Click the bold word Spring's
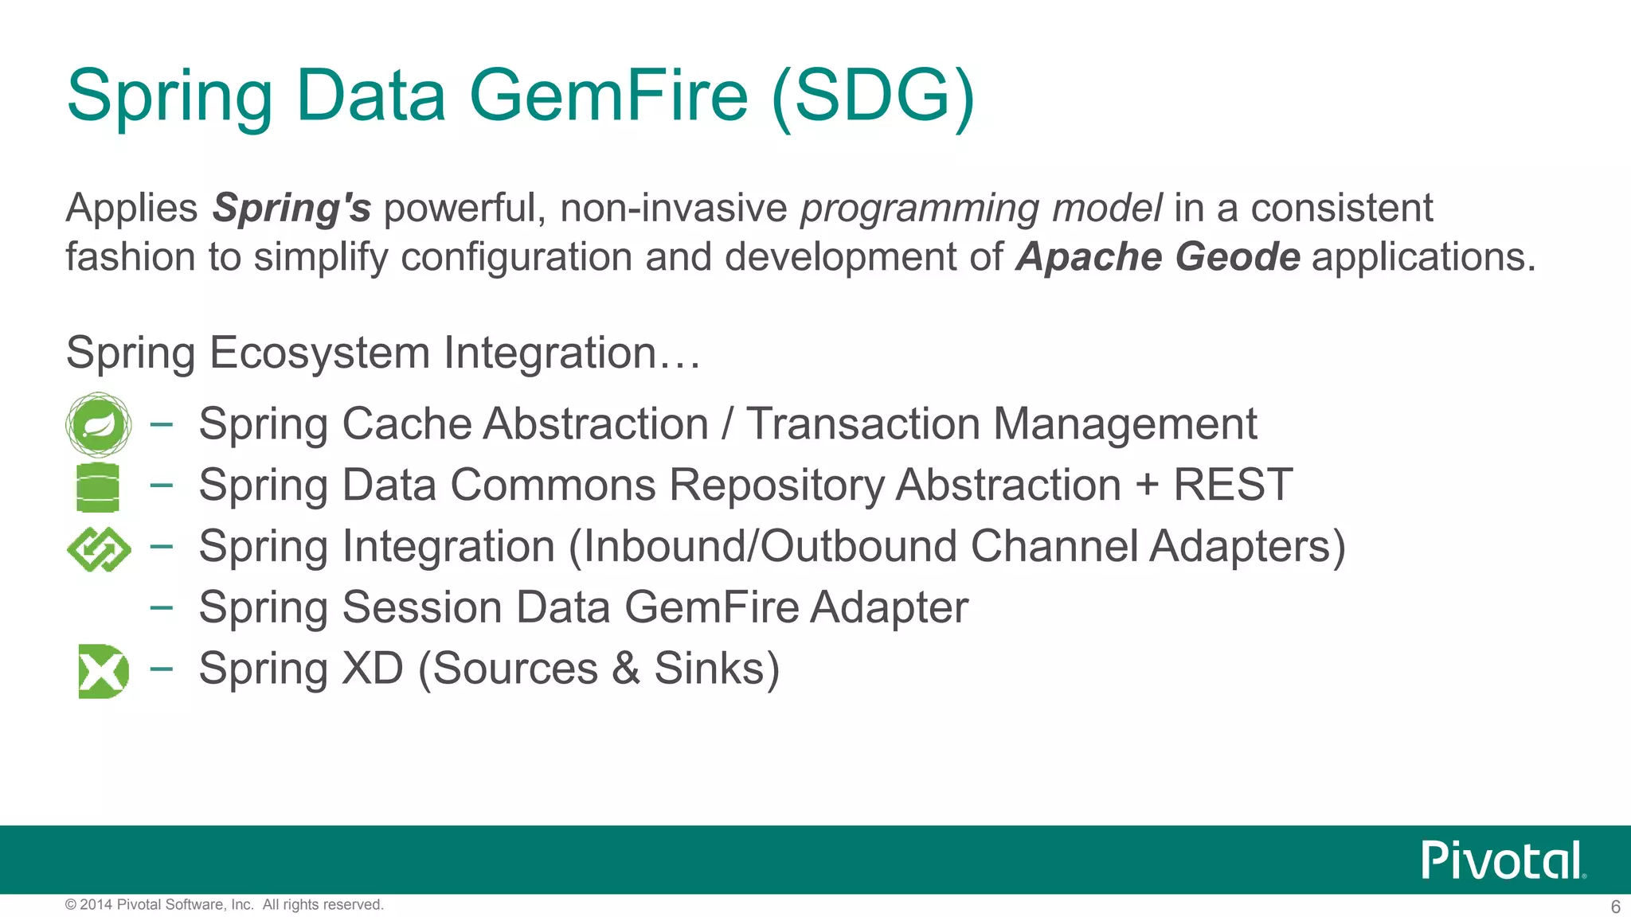point(291,209)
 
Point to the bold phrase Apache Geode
point(1158,257)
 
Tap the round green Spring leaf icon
point(98,424)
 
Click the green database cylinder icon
point(98,487)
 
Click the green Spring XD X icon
point(103,671)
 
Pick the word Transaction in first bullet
point(862,423)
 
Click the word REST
point(1233,485)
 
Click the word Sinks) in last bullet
point(717,669)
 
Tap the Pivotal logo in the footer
point(1503,860)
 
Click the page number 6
point(1615,907)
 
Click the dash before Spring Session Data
point(162,607)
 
